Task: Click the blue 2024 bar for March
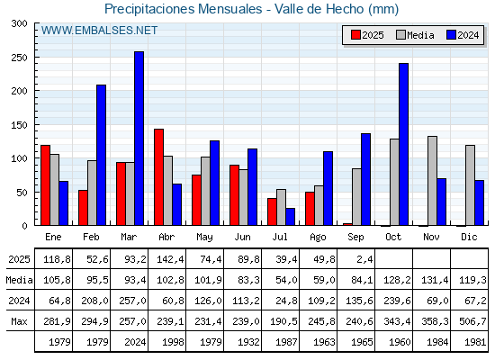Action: pos(139,139)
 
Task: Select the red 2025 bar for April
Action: pos(158,177)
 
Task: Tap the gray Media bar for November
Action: pos(432,181)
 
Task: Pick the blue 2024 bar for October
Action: pos(404,144)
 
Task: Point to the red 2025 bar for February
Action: pos(83,208)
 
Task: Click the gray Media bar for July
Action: pos(281,207)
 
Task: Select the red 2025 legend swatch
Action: pos(355,35)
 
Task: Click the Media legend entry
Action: pos(415,35)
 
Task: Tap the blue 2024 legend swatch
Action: pos(451,35)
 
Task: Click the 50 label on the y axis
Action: pos(22,193)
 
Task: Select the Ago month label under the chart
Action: pos(318,237)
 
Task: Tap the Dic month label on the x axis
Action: pos(469,237)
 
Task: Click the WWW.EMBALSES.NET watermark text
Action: pos(99,31)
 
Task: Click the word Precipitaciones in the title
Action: pos(149,9)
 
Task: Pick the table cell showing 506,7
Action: pos(472,321)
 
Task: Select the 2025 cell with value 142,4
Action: pos(170,259)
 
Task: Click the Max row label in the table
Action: pos(19,321)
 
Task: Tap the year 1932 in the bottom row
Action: pos(248,342)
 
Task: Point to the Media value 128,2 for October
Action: pos(397,280)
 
